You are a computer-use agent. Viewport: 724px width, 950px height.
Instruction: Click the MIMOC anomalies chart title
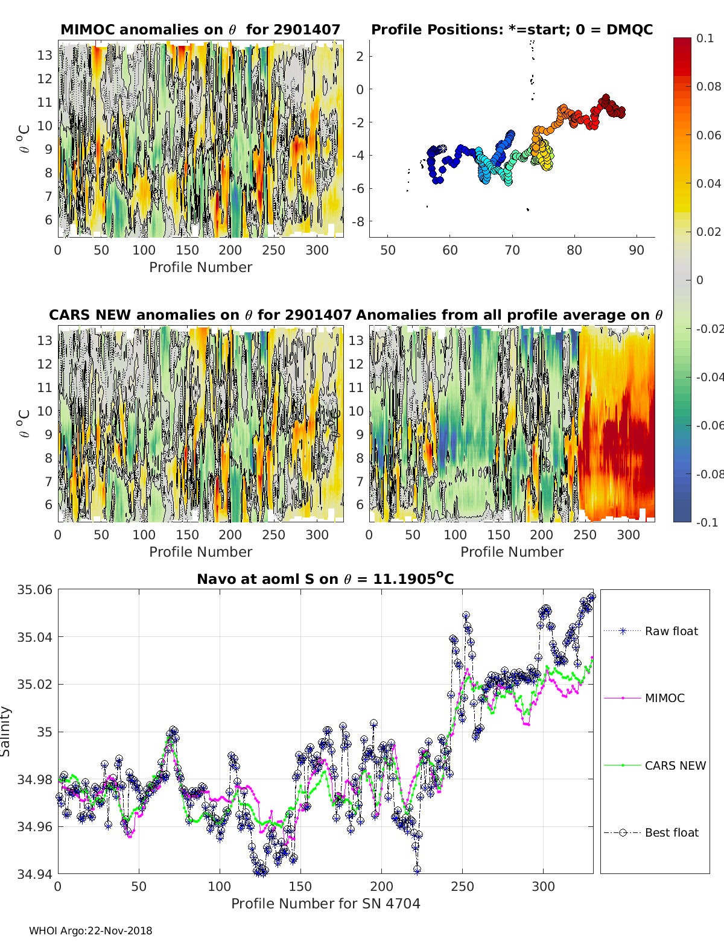200,30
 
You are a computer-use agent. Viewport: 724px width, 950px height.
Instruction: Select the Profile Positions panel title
512,30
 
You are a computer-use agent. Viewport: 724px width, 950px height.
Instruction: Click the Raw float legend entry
671,631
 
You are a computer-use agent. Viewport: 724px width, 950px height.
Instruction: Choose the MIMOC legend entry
664,698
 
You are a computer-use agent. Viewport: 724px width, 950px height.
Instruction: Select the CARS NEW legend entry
675,765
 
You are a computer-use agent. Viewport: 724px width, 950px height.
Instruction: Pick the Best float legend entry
671,832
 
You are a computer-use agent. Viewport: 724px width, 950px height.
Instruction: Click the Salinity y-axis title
6,731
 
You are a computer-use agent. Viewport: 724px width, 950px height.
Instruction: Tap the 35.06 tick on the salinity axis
34,589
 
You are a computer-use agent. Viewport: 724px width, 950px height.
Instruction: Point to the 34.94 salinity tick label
34,873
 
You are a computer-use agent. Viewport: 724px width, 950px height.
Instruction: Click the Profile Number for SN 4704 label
325,903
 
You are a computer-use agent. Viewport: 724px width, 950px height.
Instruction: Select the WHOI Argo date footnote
91,931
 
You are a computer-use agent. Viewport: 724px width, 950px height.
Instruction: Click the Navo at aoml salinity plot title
325,579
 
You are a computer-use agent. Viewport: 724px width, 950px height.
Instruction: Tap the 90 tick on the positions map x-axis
637,250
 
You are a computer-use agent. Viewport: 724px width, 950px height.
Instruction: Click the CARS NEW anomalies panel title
200,315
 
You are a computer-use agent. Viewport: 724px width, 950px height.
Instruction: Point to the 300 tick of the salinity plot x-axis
543,886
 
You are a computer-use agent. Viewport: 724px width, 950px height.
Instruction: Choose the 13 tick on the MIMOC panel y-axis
45,55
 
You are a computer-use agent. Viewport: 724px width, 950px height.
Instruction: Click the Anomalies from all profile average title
509,315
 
